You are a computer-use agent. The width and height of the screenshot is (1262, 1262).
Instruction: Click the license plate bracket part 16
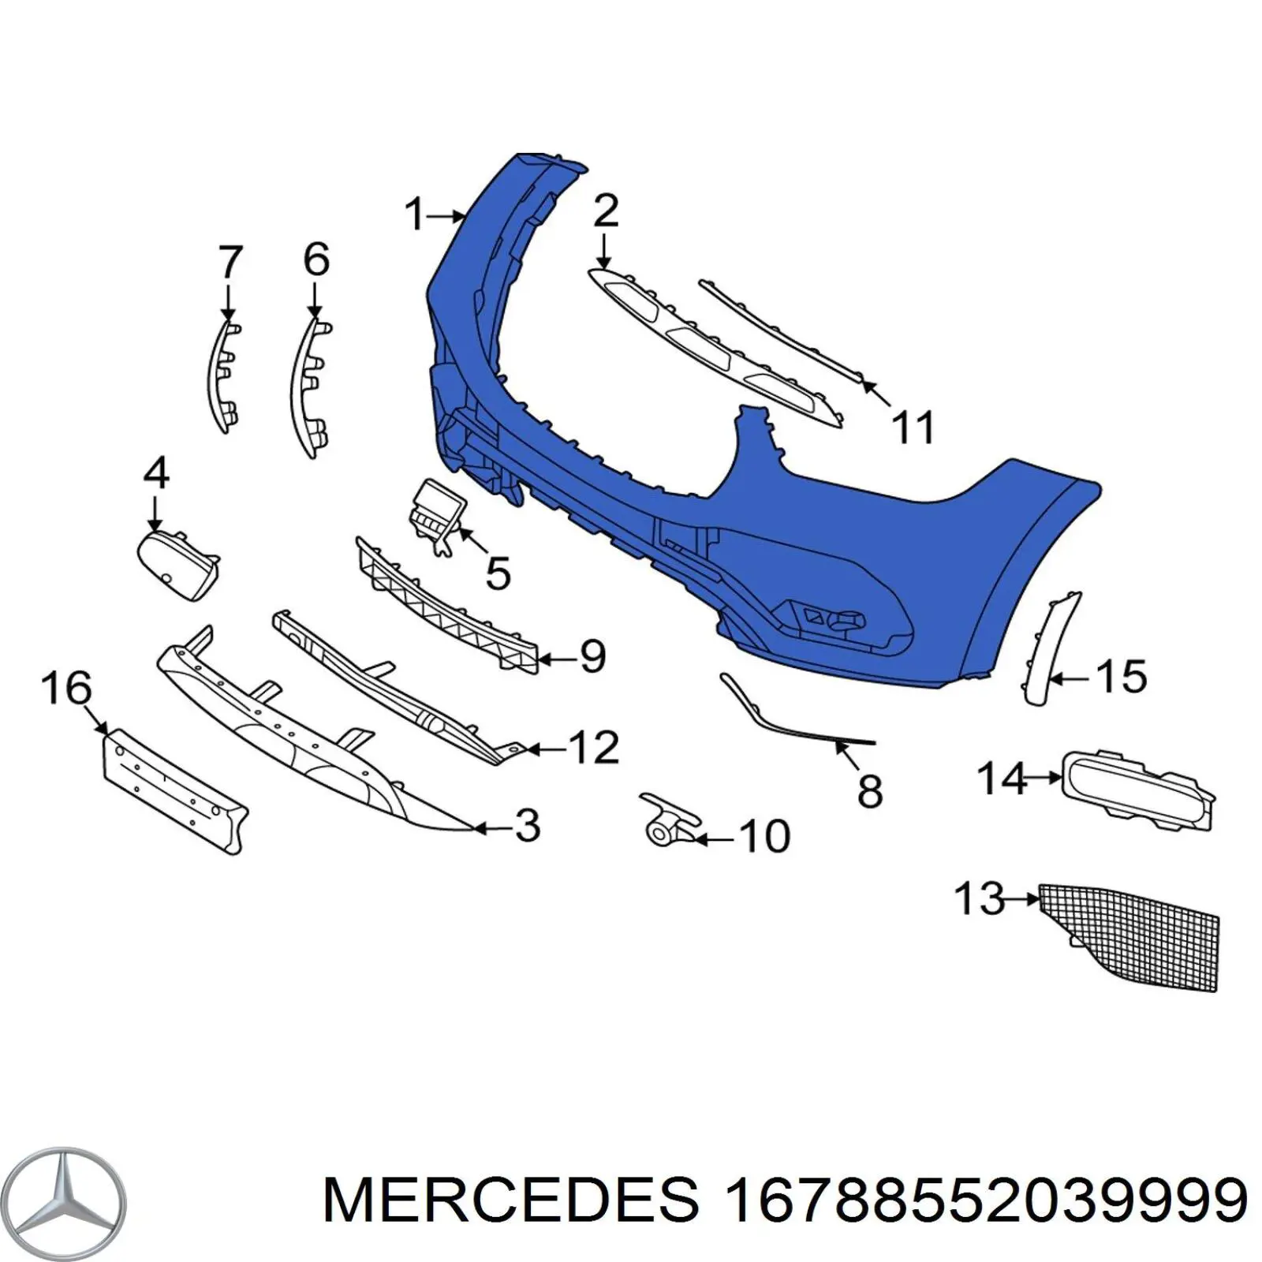tap(176, 789)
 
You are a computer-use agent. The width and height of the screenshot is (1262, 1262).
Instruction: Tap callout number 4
tap(156, 474)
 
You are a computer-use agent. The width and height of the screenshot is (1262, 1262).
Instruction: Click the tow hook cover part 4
tap(177, 564)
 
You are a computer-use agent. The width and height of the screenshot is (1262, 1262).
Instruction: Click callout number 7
tap(230, 262)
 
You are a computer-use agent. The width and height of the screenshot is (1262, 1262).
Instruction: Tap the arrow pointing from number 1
tap(450, 215)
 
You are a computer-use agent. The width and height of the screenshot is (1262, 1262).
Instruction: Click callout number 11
tap(913, 427)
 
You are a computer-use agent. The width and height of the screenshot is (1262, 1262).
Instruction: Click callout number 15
tap(1121, 676)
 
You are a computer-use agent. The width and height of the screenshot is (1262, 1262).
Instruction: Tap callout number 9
tap(592, 656)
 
